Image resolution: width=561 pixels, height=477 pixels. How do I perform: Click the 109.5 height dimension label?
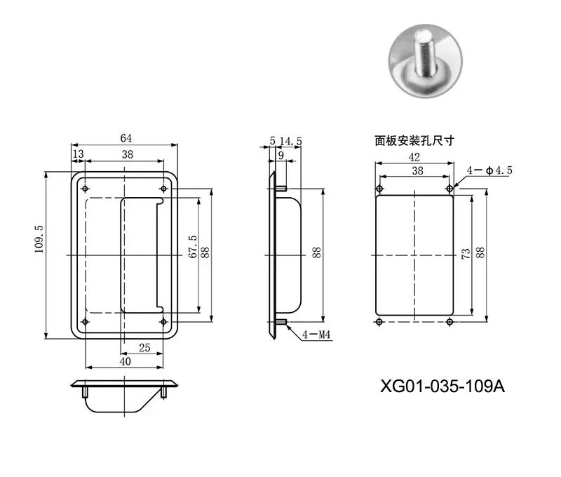pos(39,239)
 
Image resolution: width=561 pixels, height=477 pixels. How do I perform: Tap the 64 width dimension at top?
pos(126,138)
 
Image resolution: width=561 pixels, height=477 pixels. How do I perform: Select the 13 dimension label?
pos(78,154)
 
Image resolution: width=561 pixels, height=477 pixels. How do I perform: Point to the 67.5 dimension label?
pos(192,246)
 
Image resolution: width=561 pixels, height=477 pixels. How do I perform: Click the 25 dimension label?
pos(144,348)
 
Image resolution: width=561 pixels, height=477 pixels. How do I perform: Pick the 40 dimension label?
pos(126,361)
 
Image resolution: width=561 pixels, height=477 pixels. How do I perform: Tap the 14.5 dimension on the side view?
pos(290,142)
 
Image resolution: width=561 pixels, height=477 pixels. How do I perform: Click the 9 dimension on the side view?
pos(281,155)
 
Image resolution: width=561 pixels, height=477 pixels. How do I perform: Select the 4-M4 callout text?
pos(316,335)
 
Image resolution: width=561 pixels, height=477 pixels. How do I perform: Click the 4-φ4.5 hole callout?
pos(489,170)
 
